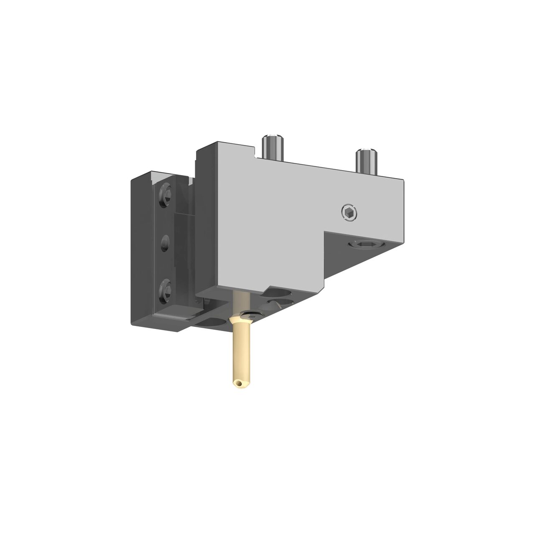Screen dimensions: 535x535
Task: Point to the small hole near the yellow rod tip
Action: (x=238, y=382)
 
